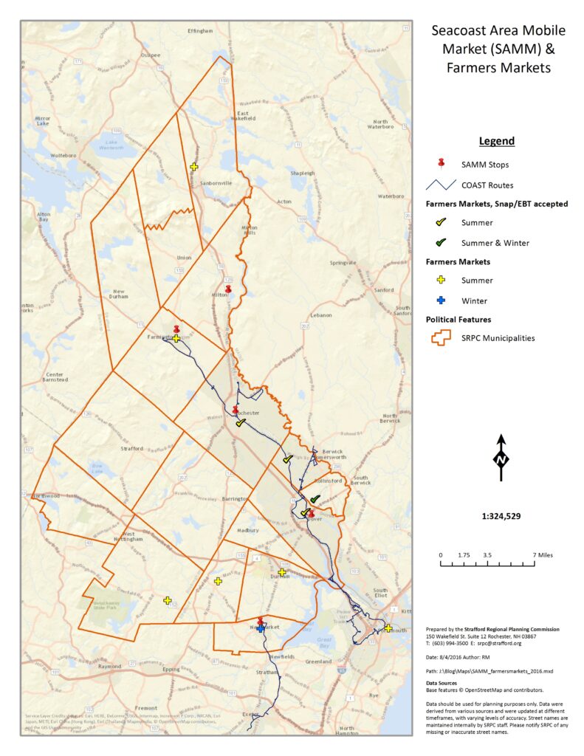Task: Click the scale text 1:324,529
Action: (x=501, y=516)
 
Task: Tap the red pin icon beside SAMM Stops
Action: (x=441, y=163)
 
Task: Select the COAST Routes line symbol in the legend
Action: (x=441, y=185)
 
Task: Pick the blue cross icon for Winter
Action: (x=441, y=300)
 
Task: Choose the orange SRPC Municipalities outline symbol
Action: (x=441, y=337)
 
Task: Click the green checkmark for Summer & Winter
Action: (x=441, y=242)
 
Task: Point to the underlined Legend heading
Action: (x=496, y=141)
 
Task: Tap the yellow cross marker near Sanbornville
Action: (x=194, y=167)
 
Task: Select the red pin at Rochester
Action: (x=236, y=410)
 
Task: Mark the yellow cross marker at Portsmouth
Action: (x=388, y=628)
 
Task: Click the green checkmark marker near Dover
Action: (x=315, y=500)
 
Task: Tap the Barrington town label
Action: (x=236, y=499)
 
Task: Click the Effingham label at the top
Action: (x=201, y=31)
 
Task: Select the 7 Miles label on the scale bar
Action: (x=544, y=554)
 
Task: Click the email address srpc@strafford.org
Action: (x=499, y=643)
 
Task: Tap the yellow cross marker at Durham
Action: (x=281, y=572)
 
